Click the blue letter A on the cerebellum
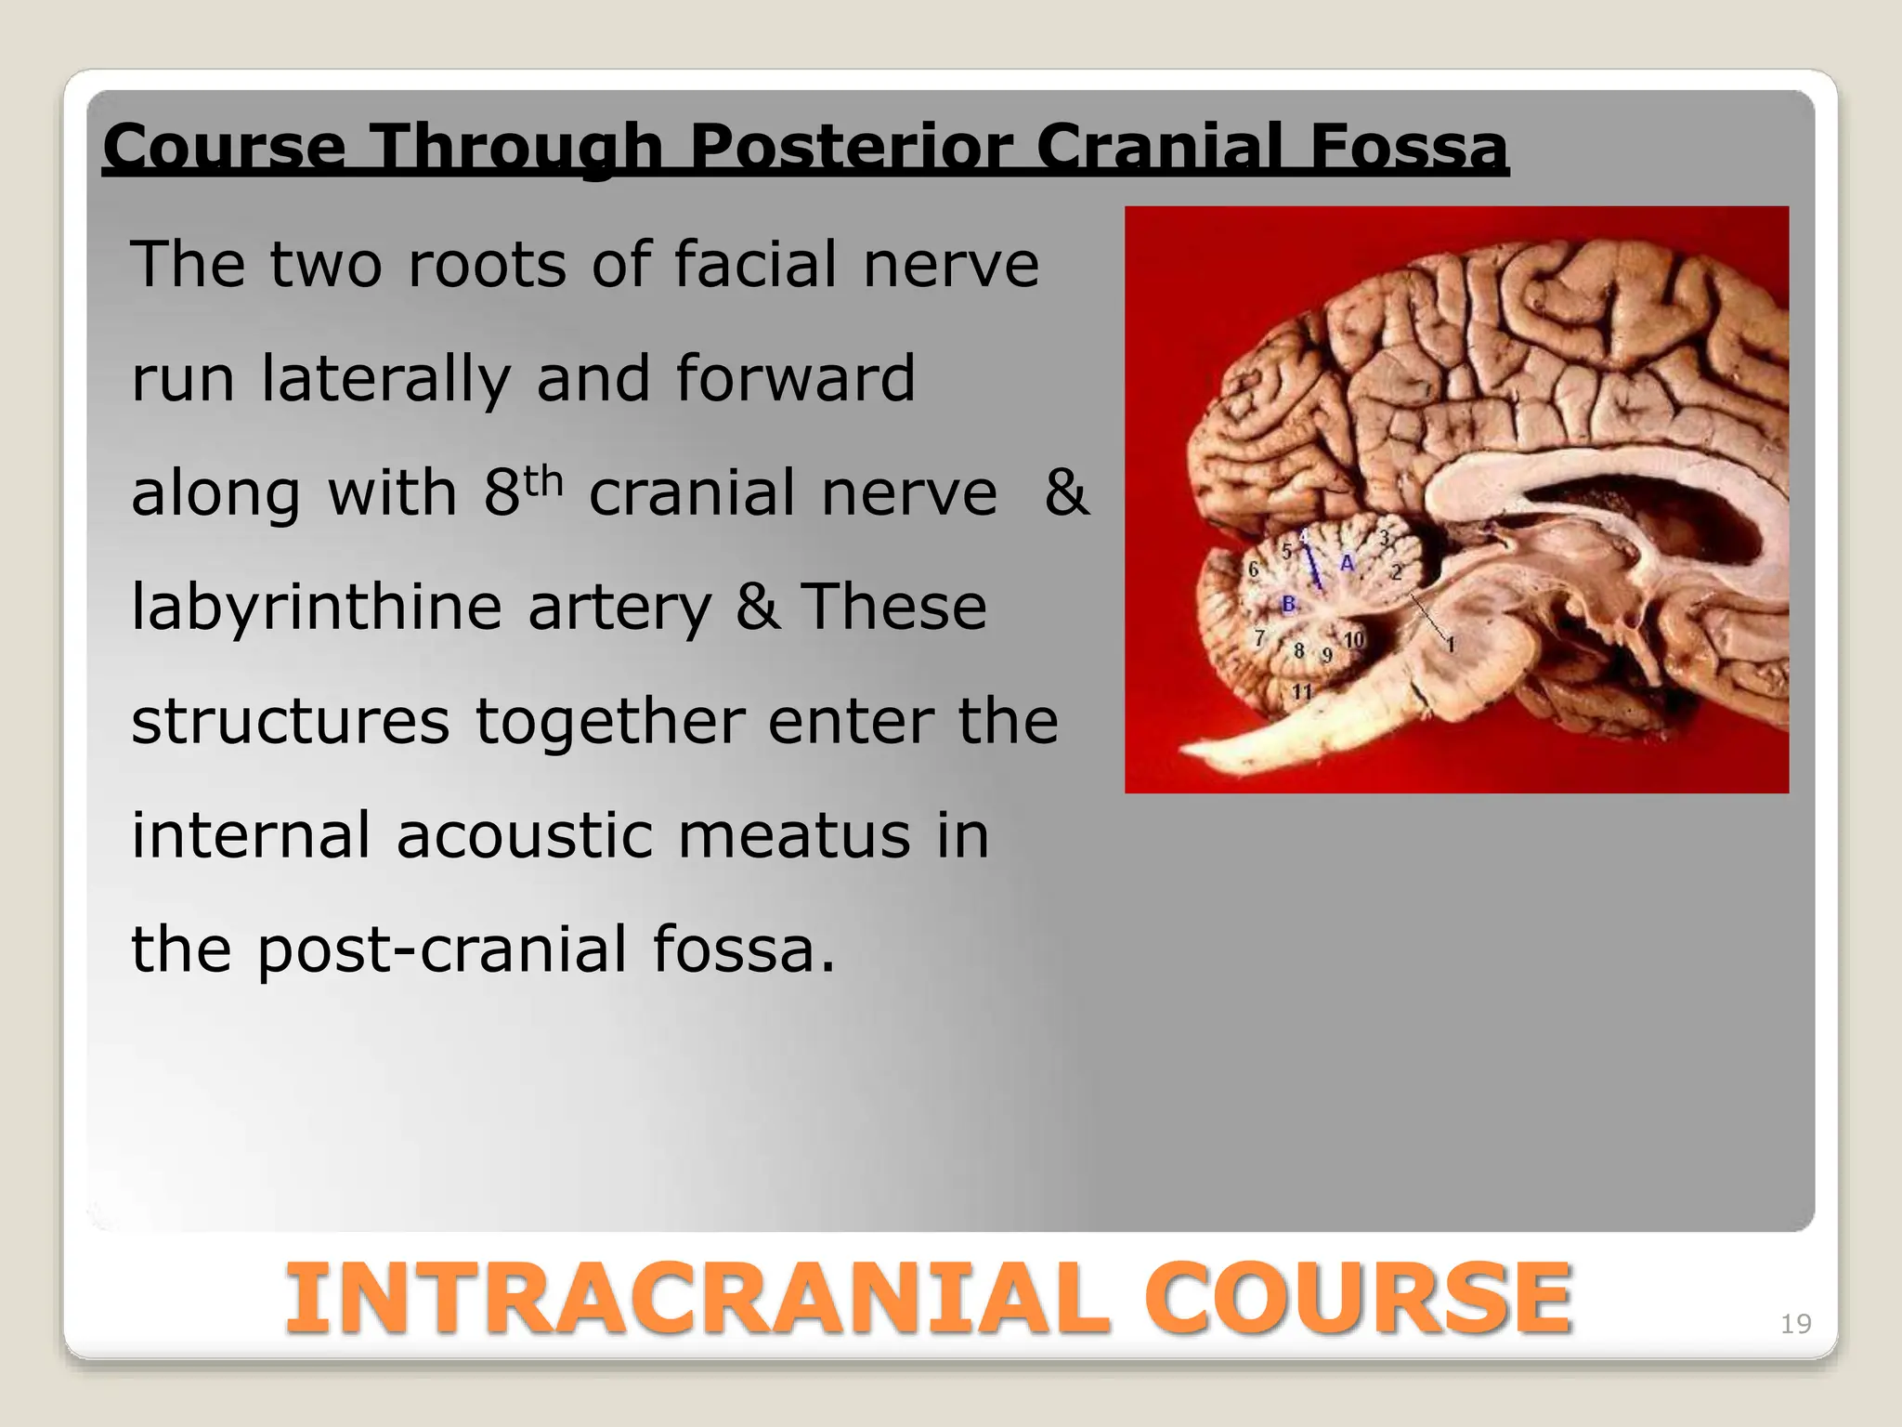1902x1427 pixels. click(x=1347, y=563)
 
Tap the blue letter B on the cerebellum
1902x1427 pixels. click(x=1289, y=605)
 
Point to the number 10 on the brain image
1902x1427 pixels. click(x=1354, y=639)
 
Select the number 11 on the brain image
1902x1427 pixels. click(x=1302, y=692)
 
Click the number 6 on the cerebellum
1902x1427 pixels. click(x=1253, y=569)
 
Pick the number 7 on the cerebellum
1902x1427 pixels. click(x=1259, y=638)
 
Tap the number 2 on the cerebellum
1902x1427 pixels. click(x=1396, y=571)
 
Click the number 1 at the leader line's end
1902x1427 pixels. click(x=1451, y=645)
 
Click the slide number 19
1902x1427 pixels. click(x=1795, y=1324)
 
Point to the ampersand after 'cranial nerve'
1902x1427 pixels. click(x=1065, y=492)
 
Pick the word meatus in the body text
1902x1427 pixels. click(x=794, y=835)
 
